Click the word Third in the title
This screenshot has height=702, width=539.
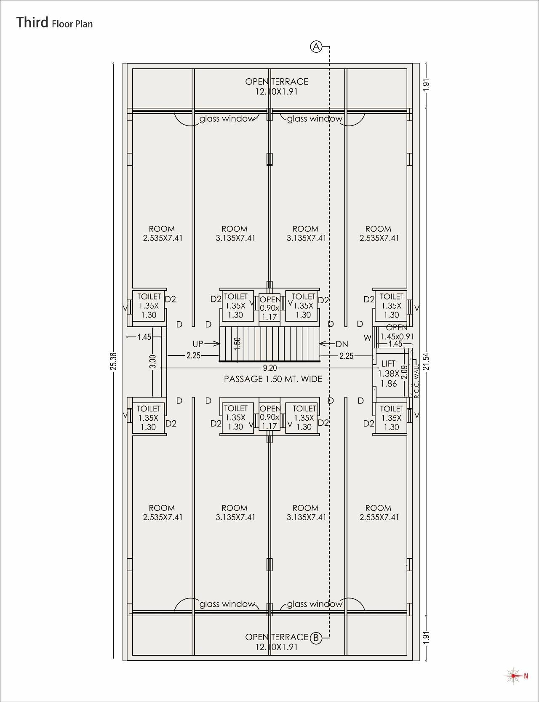[x=32, y=22]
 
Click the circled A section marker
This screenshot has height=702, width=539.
[x=316, y=46]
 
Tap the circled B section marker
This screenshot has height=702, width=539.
[x=316, y=638]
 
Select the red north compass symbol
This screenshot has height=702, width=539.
[x=513, y=676]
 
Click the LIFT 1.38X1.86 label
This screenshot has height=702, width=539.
[x=388, y=373]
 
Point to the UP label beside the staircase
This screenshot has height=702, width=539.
[x=198, y=344]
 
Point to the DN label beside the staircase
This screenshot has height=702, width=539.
[x=342, y=344]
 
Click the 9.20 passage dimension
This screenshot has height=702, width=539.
[x=270, y=368]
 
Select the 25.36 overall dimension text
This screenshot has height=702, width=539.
[x=114, y=361]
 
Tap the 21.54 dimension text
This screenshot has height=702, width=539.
[x=427, y=361]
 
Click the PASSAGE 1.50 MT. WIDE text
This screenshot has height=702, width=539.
[x=273, y=379]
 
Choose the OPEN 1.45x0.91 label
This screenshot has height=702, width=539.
[x=397, y=332]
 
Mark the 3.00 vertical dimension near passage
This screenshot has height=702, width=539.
[x=153, y=361]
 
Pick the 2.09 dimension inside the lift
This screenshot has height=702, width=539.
[x=404, y=372]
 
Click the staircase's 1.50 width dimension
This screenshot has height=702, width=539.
[x=237, y=344]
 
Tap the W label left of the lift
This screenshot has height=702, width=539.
[x=368, y=338]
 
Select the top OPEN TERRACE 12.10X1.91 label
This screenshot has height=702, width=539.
[x=277, y=86]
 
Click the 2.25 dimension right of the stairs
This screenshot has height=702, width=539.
[x=347, y=356]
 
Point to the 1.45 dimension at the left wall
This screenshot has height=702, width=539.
[x=144, y=337]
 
